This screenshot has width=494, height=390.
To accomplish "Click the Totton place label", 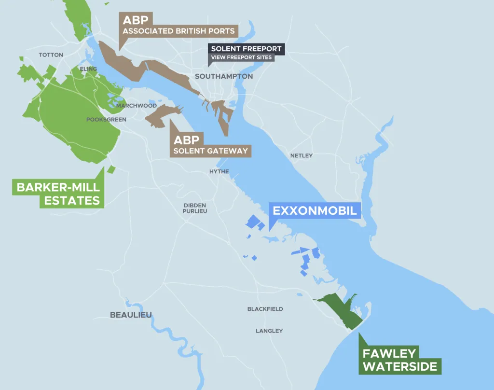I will click(x=51, y=55).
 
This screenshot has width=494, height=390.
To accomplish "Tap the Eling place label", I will click(x=89, y=69).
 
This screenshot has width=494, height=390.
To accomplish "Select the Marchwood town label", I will click(x=137, y=105).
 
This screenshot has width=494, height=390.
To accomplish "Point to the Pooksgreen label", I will click(x=106, y=119).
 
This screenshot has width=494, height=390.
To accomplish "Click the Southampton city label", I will click(x=224, y=76).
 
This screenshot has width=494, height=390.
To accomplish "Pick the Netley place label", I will click(x=302, y=155).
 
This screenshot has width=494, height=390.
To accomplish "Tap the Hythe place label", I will click(x=219, y=171).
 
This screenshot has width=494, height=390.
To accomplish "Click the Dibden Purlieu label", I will click(x=195, y=208).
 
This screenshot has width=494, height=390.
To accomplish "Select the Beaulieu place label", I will click(x=131, y=315).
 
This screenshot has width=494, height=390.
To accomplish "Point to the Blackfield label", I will click(x=265, y=309).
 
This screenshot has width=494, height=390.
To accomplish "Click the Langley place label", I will click(x=269, y=331).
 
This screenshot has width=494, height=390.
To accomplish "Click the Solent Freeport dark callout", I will click(x=246, y=49).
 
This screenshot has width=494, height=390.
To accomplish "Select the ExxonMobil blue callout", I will click(x=315, y=211).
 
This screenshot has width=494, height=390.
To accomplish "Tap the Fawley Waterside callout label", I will click(x=399, y=360).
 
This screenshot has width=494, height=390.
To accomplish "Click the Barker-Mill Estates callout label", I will click(x=58, y=194).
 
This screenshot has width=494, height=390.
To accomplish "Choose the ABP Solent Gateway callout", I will click(x=211, y=145).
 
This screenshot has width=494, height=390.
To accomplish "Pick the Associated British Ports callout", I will click(x=178, y=25).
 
